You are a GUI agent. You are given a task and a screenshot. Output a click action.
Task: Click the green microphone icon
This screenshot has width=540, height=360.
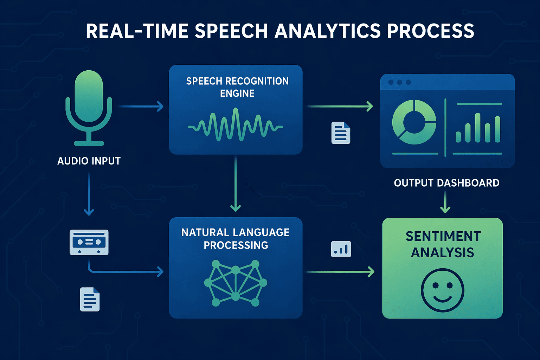coord(89,105)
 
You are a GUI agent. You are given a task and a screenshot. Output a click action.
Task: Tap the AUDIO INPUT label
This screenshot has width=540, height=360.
coord(89,161)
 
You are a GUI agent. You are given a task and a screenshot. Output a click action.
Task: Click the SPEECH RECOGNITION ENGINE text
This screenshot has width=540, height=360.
coord(237,87)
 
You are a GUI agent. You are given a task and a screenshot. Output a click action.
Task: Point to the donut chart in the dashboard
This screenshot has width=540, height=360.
coord(414,122)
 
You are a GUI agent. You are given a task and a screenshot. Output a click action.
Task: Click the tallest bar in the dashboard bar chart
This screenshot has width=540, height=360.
coord(477,127)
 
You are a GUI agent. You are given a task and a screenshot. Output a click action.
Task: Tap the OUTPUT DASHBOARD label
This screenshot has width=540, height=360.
coord(446,183)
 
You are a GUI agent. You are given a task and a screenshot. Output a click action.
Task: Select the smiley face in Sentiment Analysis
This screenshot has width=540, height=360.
coord(442,290)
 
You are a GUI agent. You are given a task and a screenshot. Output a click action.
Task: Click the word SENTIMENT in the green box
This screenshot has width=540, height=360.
coord(443,237)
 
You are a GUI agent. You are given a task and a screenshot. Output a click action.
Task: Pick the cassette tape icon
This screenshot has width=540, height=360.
coord(89,242)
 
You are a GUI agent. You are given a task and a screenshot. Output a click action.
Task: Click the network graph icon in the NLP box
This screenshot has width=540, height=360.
coord(236,283)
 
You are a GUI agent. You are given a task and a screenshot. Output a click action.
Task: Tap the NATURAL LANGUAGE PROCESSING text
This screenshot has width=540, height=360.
coord(236,238)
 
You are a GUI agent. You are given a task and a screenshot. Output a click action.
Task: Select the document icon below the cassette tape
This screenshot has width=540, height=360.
coord(90,299)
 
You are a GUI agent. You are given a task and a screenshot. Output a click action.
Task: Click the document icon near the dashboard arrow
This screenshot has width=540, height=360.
coord(341,133)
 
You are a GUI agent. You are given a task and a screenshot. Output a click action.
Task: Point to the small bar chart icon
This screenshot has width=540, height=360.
coord(341,249)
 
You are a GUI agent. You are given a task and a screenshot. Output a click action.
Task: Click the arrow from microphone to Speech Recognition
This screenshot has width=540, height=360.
coord(141,106)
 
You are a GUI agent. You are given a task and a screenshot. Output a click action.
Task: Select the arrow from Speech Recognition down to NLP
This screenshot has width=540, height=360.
coord(235,183)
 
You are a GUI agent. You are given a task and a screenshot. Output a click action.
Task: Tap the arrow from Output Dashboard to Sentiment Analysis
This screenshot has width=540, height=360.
coord(445,202)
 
